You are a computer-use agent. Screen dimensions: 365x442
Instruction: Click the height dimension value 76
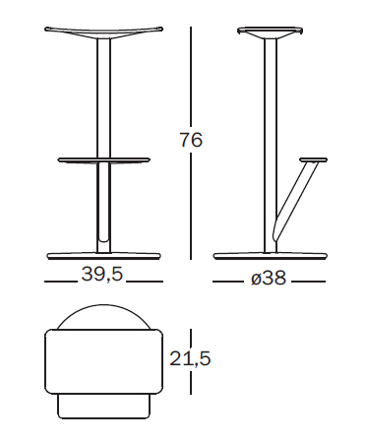pyautogui.click(x=191, y=140)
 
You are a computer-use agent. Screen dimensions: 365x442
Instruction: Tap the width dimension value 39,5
pyautogui.click(x=102, y=274)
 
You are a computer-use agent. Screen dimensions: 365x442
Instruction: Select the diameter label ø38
pyautogui.click(x=269, y=279)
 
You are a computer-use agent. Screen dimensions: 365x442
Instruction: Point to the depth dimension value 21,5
pyautogui.click(x=190, y=358)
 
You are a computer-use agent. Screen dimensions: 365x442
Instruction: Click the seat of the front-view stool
pyautogui.click(x=103, y=32)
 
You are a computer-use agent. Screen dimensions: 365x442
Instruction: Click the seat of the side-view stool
pyautogui.click(x=270, y=32)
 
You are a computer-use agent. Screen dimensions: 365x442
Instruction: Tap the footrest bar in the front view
pyautogui.click(x=104, y=160)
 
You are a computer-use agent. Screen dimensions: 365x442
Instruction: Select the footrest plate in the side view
pyautogui.click(x=314, y=159)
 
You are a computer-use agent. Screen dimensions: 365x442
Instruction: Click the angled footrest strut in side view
pyautogui.click(x=294, y=200)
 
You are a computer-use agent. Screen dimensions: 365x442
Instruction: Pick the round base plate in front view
pyautogui.click(x=104, y=256)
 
